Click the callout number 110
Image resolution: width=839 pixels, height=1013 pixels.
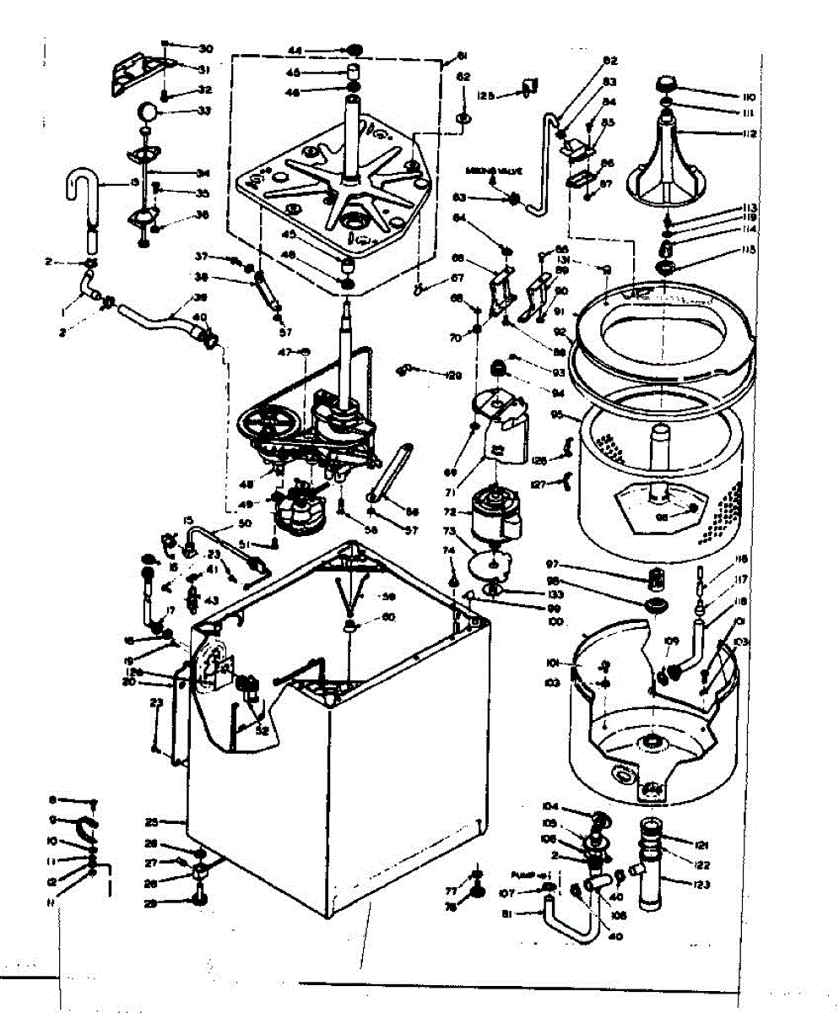(x=724, y=96)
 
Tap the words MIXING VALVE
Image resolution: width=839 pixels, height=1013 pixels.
(x=491, y=171)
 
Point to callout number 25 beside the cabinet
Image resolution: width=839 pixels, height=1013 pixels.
(x=152, y=821)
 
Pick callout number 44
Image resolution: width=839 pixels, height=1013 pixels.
(x=319, y=48)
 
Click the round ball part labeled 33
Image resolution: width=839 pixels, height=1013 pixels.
(x=146, y=111)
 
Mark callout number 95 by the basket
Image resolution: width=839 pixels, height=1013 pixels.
(x=555, y=414)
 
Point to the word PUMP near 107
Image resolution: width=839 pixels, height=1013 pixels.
(x=519, y=875)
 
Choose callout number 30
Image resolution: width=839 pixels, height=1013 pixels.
(x=205, y=47)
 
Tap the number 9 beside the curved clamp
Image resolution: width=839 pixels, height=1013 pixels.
(x=51, y=820)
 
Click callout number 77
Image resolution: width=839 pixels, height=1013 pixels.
(x=451, y=891)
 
